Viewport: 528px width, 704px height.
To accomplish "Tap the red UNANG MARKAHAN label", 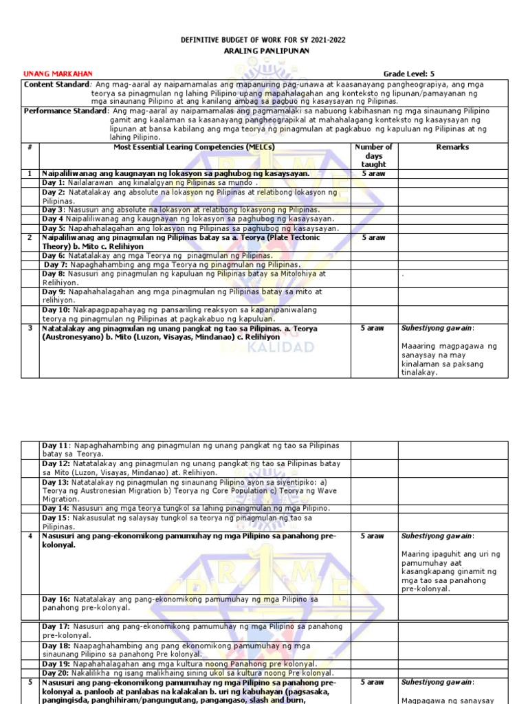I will pos(58,74).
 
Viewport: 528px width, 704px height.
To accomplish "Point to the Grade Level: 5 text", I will pos(408,74).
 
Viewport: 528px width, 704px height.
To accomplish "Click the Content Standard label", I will pos(52,84).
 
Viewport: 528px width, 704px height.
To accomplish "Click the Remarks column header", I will pos(452,147).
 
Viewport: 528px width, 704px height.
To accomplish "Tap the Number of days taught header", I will pos(373,155).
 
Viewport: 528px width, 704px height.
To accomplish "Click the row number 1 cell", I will pos(30,174).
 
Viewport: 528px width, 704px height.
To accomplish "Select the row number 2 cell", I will pos(30,238).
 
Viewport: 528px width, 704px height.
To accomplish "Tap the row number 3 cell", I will pos(30,329).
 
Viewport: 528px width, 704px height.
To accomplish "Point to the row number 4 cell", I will pos(30,536).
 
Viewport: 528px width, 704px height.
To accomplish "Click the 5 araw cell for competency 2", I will pos(373,238).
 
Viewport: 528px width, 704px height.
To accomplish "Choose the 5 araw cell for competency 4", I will pos(373,536).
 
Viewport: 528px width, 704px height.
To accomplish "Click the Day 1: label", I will pos(54,183).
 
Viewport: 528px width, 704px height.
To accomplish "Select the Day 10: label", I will pos(56,310).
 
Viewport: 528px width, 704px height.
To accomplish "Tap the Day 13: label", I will pos(56,483).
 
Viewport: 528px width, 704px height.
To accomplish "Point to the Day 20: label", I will pos(56,673).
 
